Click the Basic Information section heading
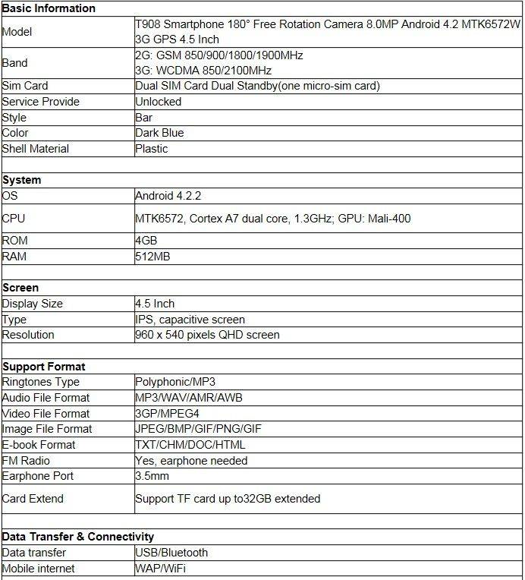click(49, 8)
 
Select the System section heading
click(22, 180)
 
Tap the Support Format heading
click(44, 366)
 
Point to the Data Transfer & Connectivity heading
click(78, 536)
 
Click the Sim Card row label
click(25, 86)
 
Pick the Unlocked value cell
click(159, 102)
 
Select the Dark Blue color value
click(159, 133)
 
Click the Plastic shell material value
click(152, 149)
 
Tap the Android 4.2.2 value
click(168, 196)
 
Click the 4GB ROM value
click(146, 241)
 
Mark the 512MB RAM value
click(152, 257)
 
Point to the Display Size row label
click(33, 304)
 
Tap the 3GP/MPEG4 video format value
click(167, 414)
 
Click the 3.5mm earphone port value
click(152, 476)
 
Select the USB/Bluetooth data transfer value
click(171, 553)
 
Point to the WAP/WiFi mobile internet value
click(161, 569)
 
